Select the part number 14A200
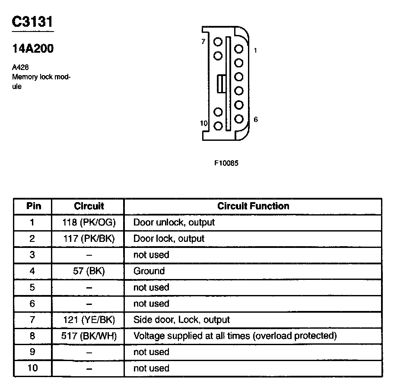point(33,49)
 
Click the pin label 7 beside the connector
point(203,42)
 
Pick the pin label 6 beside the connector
point(256,119)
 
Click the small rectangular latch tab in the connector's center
point(221,83)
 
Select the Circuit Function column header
point(253,206)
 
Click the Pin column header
point(34,206)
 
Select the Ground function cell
point(149,271)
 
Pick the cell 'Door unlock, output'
point(174,222)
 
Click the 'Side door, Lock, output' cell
point(181,320)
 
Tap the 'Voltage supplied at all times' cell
point(235,336)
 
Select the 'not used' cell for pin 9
point(151,352)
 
